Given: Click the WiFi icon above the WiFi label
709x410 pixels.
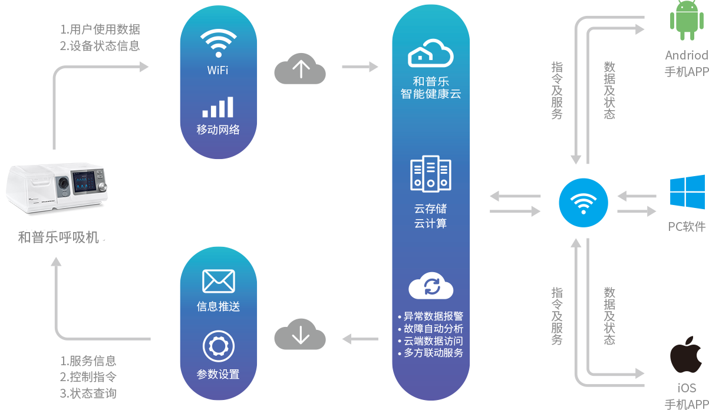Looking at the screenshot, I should [x=218, y=42].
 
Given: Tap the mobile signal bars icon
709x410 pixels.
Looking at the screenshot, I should [x=218, y=107].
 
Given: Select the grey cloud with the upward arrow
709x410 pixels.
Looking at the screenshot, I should [x=300, y=68].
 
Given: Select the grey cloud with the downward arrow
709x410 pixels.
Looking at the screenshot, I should [x=300, y=336].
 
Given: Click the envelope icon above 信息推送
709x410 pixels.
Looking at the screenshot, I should [x=218, y=281].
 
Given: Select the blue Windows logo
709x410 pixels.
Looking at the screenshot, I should [x=687, y=192].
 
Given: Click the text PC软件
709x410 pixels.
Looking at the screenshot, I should [x=687, y=226].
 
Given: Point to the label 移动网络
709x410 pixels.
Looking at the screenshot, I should [x=218, y=130].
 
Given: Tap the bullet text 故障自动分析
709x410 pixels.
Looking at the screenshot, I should [x=433, y=329].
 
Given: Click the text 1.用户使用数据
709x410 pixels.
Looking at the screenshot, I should [x=100, y=29].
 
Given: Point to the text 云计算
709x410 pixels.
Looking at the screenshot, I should [x=431, y=223].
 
